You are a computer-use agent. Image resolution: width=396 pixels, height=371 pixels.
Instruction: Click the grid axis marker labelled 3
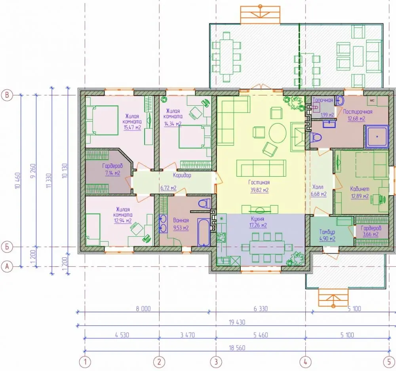pyautogui.click(x=216, y=362)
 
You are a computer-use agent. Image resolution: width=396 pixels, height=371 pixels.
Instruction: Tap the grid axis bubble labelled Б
pyautogui.click(x=7, y=247)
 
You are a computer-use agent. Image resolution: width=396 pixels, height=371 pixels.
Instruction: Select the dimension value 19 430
pyautogui.click(x=237, y=322)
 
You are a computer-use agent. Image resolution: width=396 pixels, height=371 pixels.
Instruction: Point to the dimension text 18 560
pyautogui.click(x=237, y=348)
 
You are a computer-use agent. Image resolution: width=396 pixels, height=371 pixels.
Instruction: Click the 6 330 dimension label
pyautogui.click(x=261, y=308)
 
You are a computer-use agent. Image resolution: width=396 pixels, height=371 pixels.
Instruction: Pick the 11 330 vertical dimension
pyautogui.click(x=49, y=180)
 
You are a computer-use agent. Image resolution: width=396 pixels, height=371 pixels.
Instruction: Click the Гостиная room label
pyautogui.click(x=259, y=182)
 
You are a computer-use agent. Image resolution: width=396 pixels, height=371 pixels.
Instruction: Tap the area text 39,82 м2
pyautogui.click(x=259, y=190)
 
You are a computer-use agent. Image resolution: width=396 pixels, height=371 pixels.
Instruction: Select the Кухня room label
pyautogui.click(x=257, y=219)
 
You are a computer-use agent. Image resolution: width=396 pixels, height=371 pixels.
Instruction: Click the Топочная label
pyautogui.click(x=323, y=100)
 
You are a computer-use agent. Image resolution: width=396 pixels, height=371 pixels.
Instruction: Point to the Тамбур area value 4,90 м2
pyautogui.click(x=327, y=239)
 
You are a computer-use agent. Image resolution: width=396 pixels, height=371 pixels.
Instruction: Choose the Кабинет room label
pyautogui.click(x=360, y=188)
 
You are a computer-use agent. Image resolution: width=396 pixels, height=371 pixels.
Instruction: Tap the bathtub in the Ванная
pyautogui.click(x=204, y=232)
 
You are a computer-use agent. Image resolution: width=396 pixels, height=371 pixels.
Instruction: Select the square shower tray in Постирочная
pyautogui.click(x=377, y=137)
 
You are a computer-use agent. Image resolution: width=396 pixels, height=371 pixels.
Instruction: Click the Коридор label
pyautogui.click(x=182, y=175)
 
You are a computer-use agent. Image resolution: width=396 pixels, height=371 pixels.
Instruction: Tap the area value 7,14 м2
pyautogui.click(x=112, y=173)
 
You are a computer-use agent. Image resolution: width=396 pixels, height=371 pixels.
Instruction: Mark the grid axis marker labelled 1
pyautogui.click(x=85, y=362)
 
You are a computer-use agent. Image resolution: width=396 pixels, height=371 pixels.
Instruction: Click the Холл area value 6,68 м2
pyautogui.click(x=318, y=194)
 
